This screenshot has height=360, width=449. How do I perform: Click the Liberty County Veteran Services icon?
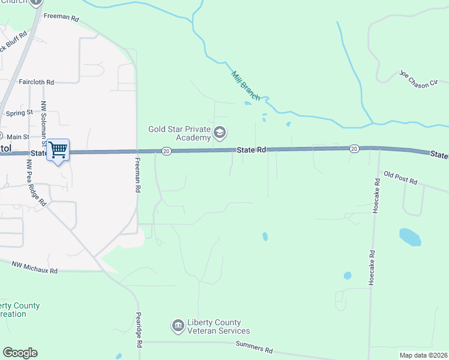pyautogui.click(x=178, y=326)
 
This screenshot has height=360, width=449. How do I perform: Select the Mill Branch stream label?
pyautogui.click(x=246, y=85)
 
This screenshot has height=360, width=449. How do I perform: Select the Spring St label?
pyautogui.click(x=19, y=113)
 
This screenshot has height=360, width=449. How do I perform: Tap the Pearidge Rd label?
pyautogui.click(x=138, y=330)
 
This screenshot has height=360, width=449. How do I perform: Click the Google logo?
pyautogui.click(x=20, y=353)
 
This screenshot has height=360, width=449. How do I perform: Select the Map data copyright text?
pyautogui.click(x=423, y=355)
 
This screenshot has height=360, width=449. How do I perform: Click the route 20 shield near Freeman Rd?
pyautogui.click(x=166, y=151)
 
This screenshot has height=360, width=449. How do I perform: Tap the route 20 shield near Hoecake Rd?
pyautogui.click(x=354, y=148)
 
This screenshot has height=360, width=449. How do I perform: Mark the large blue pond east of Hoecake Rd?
pyautogui.click(x=410, y=236)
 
